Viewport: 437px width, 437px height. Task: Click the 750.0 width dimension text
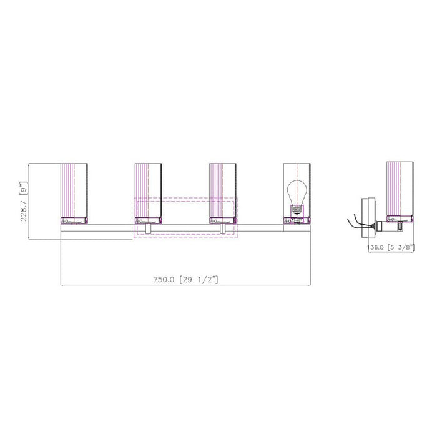pyautogui.click(x=164, y=279)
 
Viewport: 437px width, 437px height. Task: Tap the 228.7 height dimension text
pyautogui.click(x=24, y=210)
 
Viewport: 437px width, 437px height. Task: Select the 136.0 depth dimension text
pyautogui.click(x=376, y=247)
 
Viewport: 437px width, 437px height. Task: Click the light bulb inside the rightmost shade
pyautogui.click(x=297, y=197)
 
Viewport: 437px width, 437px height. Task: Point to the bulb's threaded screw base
pyautogui.click(x=297, y=209)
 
